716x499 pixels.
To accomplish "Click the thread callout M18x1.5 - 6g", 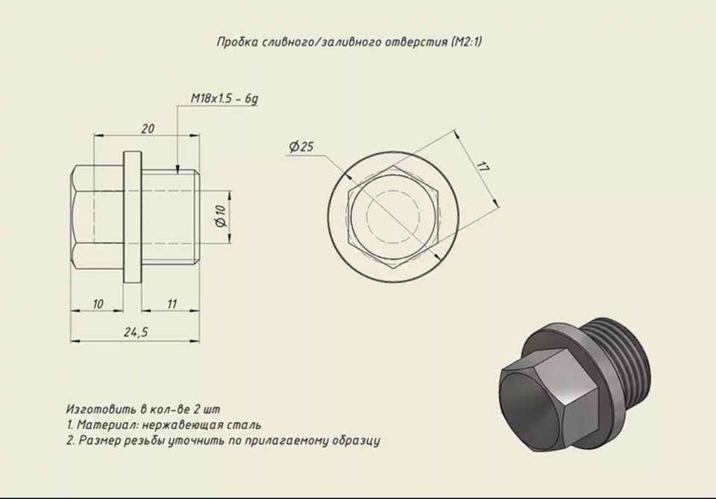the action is (224, 98).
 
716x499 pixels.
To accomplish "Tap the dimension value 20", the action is (148, 129).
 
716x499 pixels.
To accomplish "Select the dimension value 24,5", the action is (136, 332).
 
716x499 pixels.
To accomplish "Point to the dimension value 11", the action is (172, 304).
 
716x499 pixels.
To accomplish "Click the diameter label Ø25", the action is (301, 147).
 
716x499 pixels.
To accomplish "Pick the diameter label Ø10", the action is (221, 216).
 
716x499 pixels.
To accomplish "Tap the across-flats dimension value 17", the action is (483, 166).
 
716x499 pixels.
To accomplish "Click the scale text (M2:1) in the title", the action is (466, 42).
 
